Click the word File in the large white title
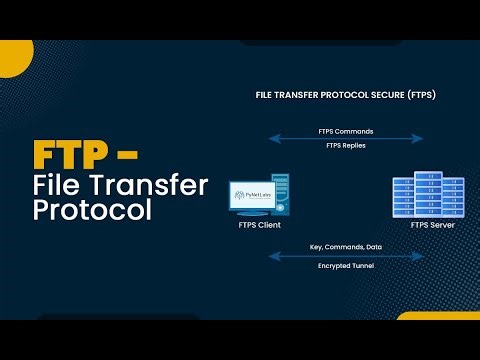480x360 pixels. tap(59, 185)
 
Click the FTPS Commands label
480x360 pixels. tap(347, 130)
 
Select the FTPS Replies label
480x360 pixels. tap(347, 147)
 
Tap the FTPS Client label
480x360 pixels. tap(259, 226)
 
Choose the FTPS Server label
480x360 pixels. tap(433, 226)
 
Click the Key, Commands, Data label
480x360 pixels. tap(347, 247)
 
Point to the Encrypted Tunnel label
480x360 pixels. tap(347, 265)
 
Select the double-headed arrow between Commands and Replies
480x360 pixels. tap(347, 139)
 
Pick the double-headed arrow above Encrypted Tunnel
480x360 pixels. tap(347, 256)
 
